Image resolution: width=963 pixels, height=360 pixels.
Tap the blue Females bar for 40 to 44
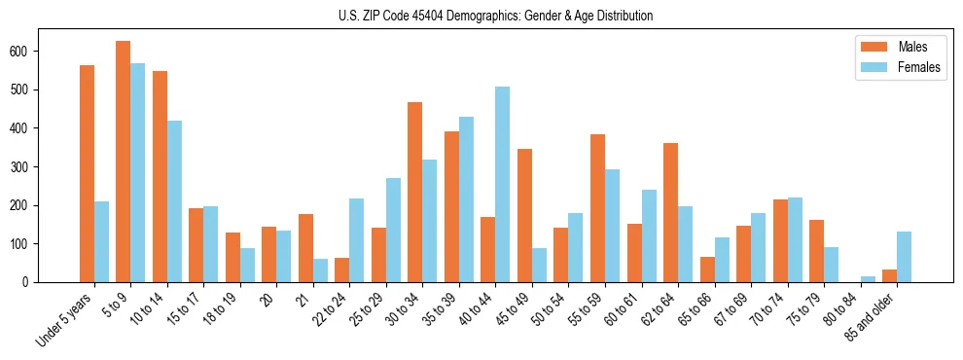[502, 184]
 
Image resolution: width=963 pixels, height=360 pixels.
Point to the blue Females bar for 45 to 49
[539, 265]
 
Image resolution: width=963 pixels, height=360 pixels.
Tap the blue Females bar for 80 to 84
[867, 279]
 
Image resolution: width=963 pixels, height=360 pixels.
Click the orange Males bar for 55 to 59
[597, 208]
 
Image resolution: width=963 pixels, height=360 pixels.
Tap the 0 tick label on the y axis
[56, 282]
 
